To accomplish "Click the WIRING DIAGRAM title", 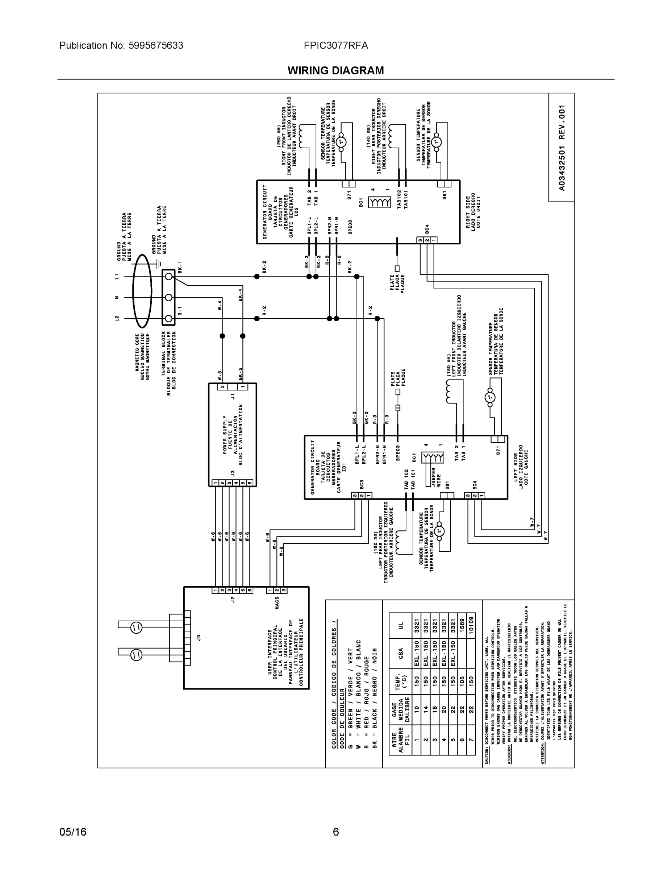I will [335, 71].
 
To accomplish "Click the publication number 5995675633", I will [156, 45].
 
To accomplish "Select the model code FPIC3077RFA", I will [335, 45].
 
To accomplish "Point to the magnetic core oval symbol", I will [142, 297].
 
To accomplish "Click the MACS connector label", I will [277, 603].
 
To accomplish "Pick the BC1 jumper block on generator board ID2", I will [379, 202].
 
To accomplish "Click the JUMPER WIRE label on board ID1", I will [436, 477].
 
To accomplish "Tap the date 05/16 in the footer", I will [73, 832].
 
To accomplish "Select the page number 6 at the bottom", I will [335, 832].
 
